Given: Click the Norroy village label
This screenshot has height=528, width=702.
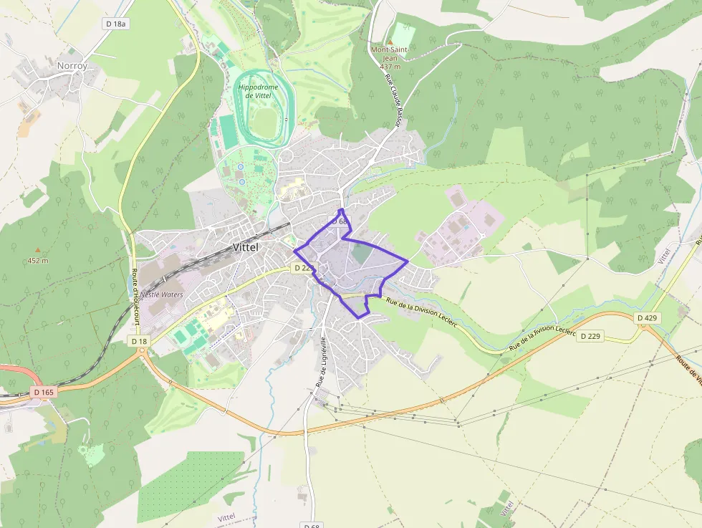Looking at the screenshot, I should [72, 66].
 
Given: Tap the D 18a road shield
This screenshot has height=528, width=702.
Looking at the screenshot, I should [115, 24].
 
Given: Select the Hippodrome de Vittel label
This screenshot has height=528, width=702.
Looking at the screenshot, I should [256, 90].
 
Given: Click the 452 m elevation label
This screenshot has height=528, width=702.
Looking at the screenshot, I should [37, 260].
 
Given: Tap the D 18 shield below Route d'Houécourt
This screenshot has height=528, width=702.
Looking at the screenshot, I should [139, 342].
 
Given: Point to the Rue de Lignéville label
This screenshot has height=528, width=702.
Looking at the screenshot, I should [322, 362].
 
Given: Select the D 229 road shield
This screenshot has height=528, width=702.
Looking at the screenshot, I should [591, 336].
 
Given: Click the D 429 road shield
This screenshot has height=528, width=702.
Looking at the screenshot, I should [648, 317].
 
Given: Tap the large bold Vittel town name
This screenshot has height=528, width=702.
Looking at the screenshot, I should [245, 247].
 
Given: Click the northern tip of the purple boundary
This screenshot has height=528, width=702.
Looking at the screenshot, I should [342, 209].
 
